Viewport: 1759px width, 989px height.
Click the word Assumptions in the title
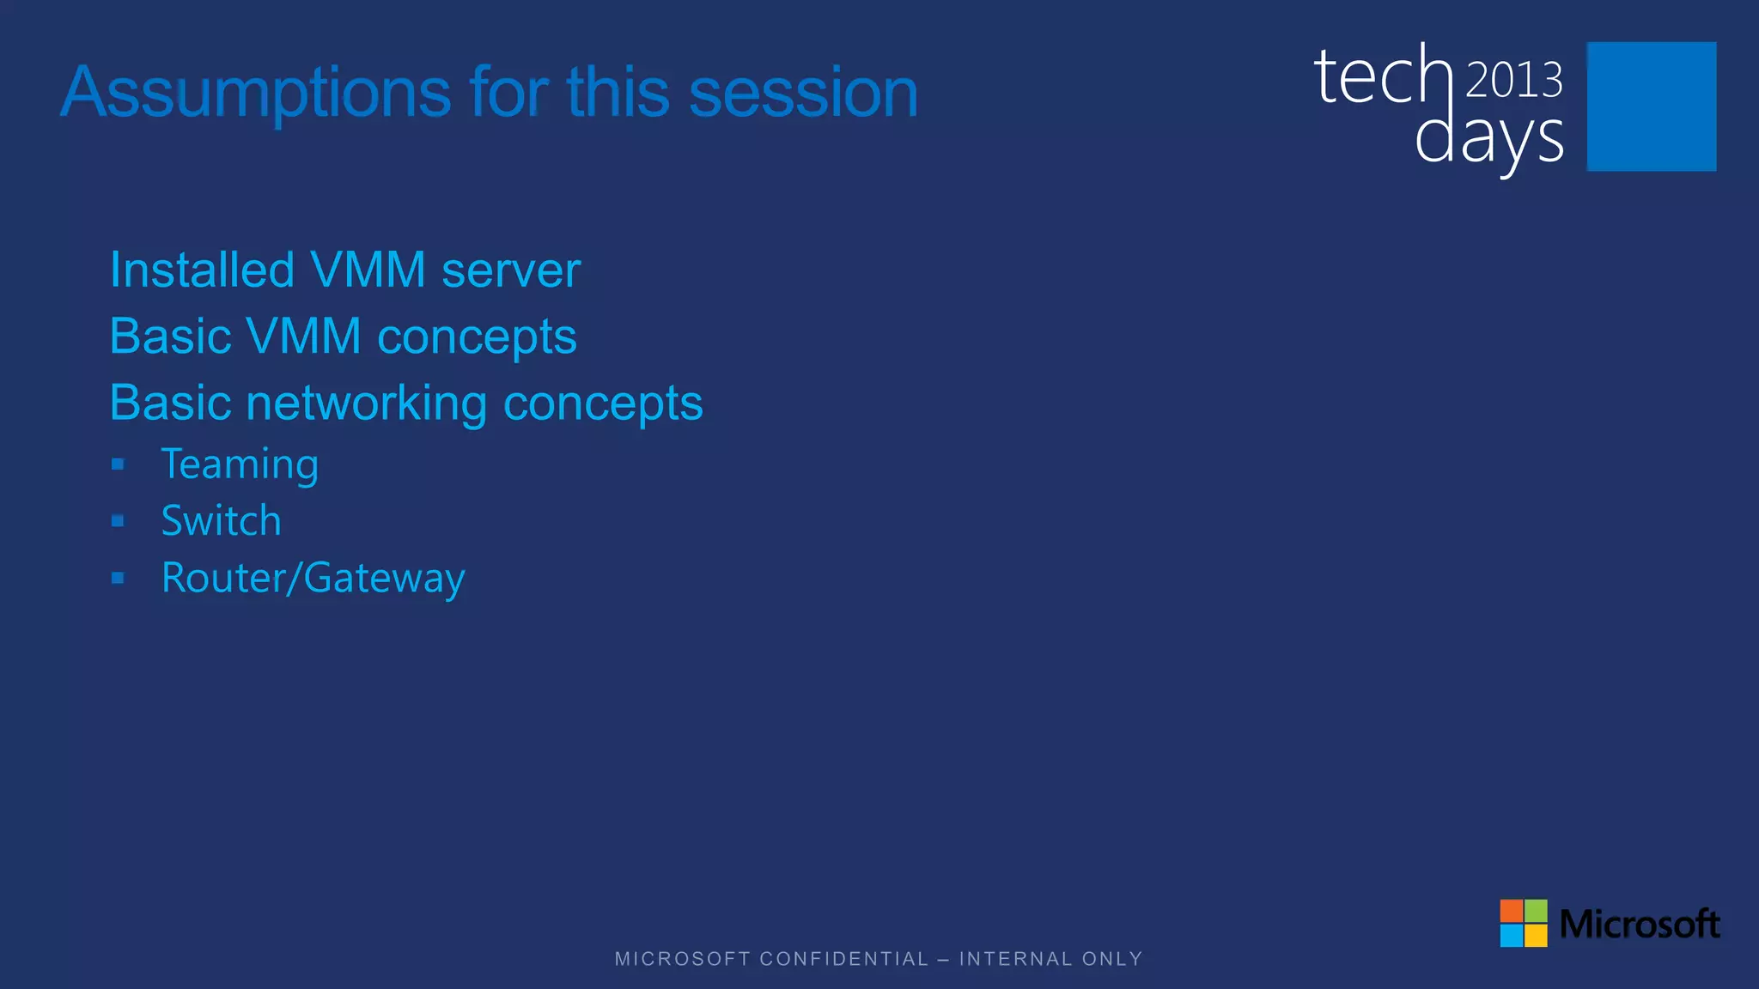point(256,93)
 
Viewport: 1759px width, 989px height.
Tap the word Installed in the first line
point(202,270)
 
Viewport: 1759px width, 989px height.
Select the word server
point(510,270)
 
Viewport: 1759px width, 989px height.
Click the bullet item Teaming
point(240,464)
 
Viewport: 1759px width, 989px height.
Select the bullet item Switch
point(221,521)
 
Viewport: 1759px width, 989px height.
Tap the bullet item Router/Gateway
point(313,578)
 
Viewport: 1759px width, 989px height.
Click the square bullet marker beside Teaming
point(118,464)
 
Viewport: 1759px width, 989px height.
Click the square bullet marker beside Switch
point(118,521)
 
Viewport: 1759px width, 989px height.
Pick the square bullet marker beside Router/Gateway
point(118,578)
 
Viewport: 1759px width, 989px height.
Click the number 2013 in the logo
point(1513,81)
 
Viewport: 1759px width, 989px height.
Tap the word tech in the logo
point(1382,77)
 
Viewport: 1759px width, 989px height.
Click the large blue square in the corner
point(1651,106)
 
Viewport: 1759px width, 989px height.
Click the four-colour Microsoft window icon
point(1523,923)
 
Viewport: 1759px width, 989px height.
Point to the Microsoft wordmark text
point(1639,925)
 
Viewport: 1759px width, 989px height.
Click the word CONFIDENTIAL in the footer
point(843,959)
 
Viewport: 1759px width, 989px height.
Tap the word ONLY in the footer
point(1112,959)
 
